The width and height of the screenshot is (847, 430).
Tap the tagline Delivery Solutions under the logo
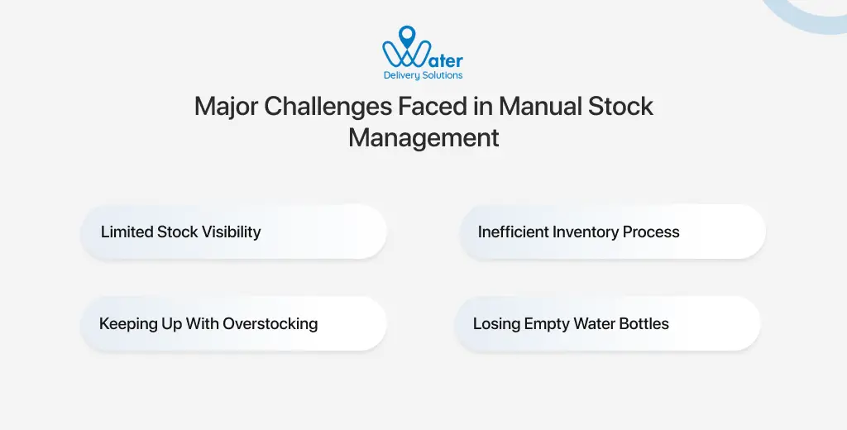pos(423,75)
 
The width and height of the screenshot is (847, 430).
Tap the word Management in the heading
pos(423,137)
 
